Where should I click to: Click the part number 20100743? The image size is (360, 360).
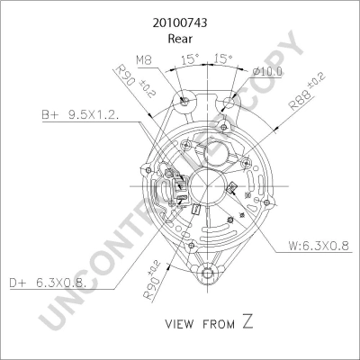click(180, 23)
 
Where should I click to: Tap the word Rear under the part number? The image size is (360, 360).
click(180, 39)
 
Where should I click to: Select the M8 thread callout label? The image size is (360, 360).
click(144, 60)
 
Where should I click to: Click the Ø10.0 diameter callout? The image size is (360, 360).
click(267, 72)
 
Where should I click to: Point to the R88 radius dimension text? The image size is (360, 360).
click(307, 92)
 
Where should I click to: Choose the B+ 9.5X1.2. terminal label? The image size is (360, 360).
click(80, 115)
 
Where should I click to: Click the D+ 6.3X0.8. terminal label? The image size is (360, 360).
click(49, 283)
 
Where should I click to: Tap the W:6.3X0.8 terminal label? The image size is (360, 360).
click(319, 246)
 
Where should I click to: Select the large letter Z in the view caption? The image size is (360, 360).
click(247, 321)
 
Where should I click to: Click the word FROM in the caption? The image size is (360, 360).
click(219, 324)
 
